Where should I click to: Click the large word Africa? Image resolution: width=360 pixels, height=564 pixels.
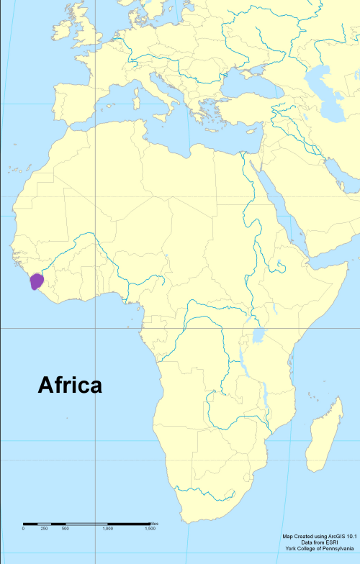70,386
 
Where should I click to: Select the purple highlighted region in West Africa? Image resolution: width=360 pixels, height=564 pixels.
37,281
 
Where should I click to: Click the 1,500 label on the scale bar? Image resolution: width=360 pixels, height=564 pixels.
150,529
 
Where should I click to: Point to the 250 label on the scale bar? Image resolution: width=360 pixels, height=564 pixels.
44,529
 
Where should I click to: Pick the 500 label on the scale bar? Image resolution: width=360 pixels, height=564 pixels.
65,529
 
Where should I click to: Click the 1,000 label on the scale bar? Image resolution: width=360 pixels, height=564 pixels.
107,529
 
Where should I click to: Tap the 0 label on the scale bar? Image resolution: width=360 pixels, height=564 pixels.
23,529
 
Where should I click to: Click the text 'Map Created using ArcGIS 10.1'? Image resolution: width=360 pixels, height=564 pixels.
319,536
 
